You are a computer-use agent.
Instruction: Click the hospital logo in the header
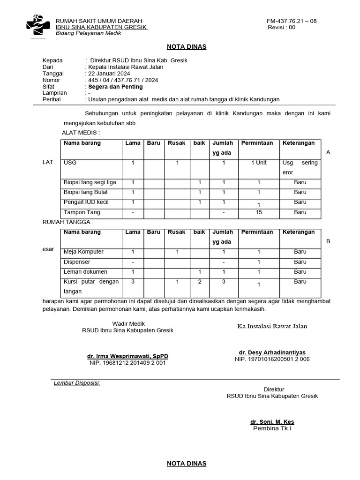click(38, 26)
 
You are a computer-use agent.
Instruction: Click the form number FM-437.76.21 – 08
click(292, 21)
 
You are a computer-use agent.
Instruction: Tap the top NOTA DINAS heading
click(187, 47)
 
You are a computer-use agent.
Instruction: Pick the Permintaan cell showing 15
click(258, 212)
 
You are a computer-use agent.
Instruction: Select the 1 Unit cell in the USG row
click(258, 163)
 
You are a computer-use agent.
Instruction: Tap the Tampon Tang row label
click(82, 212)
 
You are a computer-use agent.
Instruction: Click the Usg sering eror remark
click(300, 167)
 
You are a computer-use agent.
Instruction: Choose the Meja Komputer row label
click(83, 252)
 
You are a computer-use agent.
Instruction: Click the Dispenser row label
click(77, 262)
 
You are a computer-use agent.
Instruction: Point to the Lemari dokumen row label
click(85, 272)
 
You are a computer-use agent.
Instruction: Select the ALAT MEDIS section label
click(81, 133)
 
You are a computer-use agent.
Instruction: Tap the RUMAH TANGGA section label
click(68, 222)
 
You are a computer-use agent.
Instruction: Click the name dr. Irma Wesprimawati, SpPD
click(127, 356)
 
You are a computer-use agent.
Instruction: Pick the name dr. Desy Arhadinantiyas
click(272, 352)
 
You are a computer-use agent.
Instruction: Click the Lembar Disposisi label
click(77, 383)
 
